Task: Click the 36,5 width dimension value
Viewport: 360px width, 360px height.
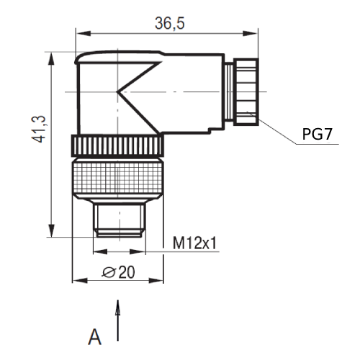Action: click(170, 24)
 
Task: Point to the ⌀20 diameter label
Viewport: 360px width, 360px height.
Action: click(120, 271)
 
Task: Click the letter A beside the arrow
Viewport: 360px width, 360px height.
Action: click(94, 336)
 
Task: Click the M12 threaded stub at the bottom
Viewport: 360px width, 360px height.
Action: click(119, 219)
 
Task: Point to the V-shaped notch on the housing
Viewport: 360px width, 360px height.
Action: click(137, 92)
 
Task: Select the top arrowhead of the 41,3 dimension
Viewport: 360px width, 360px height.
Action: click(51, 56)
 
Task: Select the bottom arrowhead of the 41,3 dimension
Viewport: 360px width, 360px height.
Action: click(51, 231)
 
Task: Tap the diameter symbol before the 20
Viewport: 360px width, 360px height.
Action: click(109, 271)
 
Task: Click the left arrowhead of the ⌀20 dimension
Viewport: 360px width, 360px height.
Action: click(77, 280)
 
